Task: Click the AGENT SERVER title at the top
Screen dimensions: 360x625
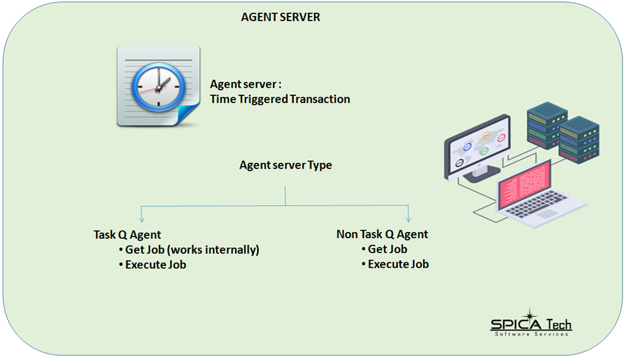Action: point(280,17)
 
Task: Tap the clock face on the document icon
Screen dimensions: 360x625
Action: point(156,85)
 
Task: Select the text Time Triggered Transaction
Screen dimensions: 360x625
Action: point(280,99)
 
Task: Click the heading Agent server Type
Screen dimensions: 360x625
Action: point(286,165)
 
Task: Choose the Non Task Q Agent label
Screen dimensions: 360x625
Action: point(382,234)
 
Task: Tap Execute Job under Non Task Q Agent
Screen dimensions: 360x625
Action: point(398,264)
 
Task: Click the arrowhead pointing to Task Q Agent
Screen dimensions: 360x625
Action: point(141,218)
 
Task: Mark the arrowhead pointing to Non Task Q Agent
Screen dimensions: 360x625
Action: point(408,218)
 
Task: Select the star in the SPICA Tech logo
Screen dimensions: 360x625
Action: point(529,316)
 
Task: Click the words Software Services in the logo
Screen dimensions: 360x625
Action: point(531,334)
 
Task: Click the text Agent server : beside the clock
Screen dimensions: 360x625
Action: point(246,85)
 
